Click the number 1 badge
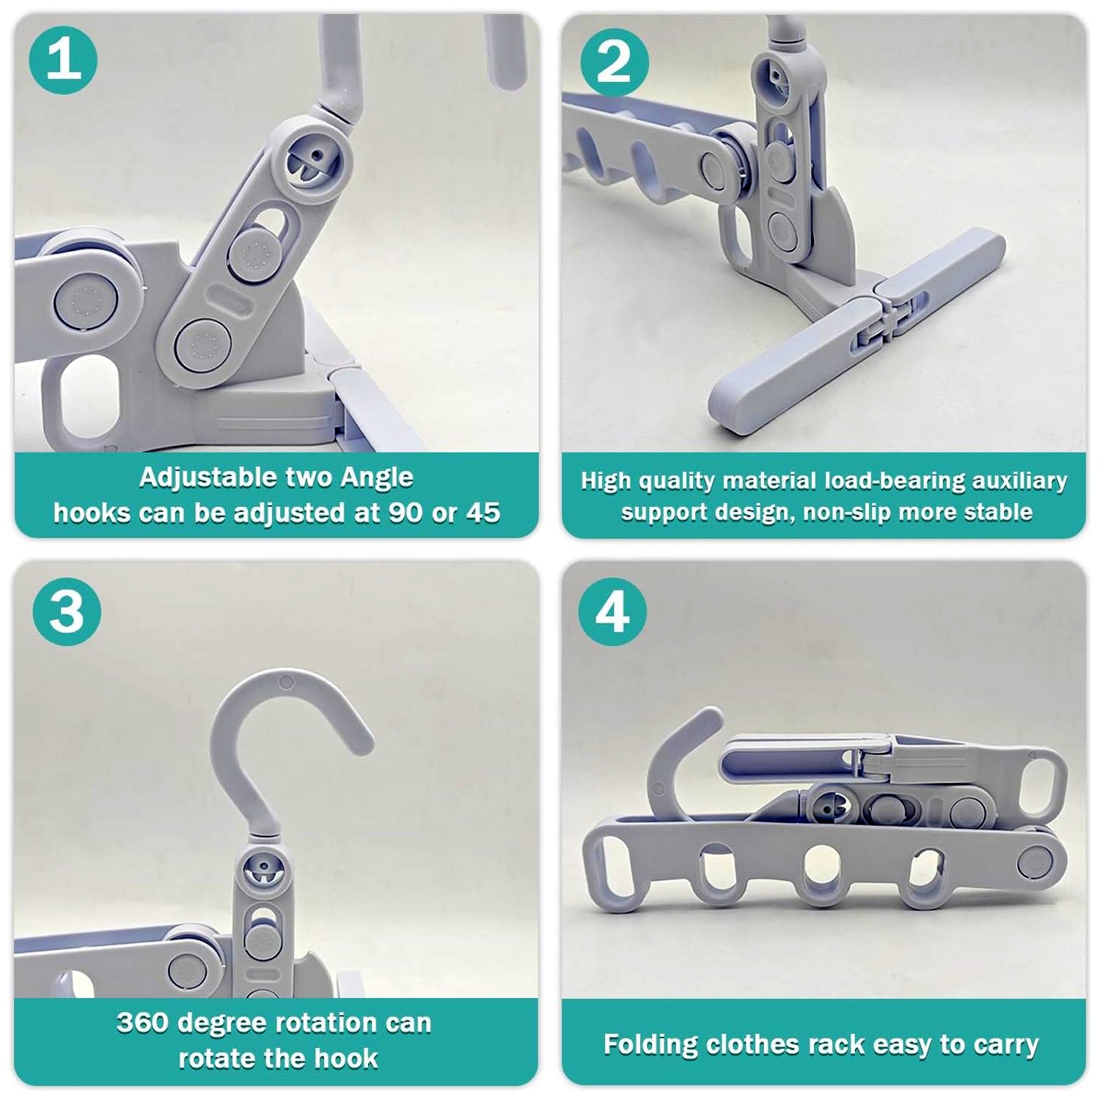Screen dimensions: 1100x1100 click(x=63, y=59)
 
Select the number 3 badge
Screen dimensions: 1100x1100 click(x=67, y=611)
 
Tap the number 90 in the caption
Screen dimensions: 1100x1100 click(x=405, y=513)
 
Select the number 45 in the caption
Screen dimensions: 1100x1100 click(x=483, y=513)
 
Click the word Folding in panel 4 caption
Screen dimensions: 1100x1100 click(x=650, y=1044)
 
